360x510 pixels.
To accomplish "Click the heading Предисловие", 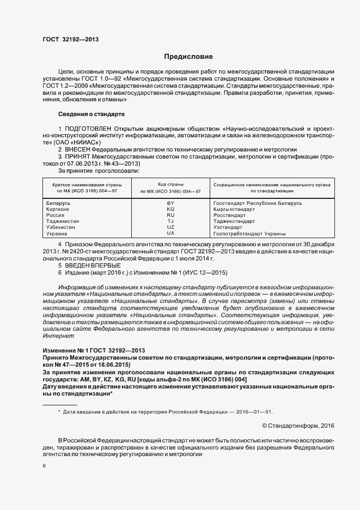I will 188,57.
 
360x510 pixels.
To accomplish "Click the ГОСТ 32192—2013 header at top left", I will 70,39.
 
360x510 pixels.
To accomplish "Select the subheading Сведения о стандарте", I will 91,114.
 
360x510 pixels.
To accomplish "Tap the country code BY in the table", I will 170,203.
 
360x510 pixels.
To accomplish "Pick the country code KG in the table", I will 170,209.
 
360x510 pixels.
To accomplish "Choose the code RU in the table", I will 170,215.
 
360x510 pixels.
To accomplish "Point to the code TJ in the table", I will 170,221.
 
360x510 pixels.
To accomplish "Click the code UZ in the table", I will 170,227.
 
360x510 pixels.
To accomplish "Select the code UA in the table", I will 170,233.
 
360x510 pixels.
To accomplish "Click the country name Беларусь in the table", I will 59,203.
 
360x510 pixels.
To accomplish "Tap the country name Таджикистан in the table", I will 63,221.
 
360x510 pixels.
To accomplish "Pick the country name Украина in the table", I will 58,233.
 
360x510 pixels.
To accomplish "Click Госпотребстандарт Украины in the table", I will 249,233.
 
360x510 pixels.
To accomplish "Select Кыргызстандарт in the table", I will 234,209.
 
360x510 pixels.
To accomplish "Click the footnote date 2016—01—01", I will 253,412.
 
